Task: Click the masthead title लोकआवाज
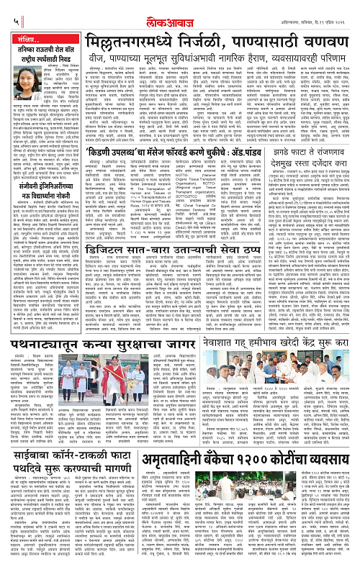tap(179, 10)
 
